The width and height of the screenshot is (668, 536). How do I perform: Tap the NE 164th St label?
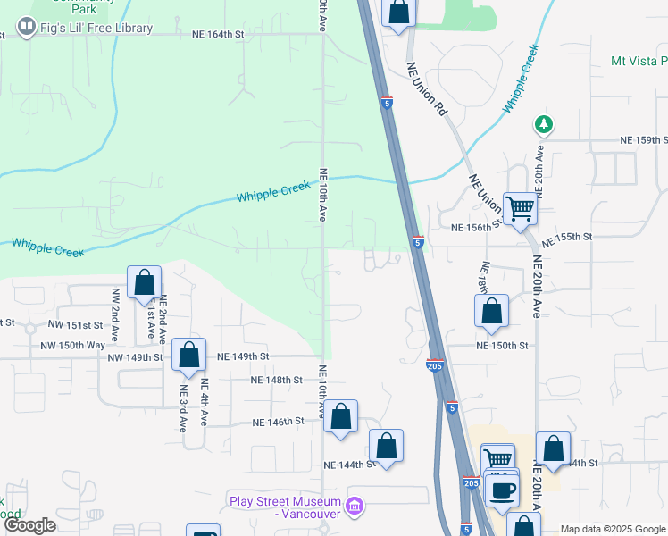pos(218,35)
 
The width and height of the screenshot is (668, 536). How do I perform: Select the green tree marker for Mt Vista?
pos(541,123)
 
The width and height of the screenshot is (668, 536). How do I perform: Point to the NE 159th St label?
pos(645,141)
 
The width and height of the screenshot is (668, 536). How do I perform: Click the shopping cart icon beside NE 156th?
pos(519,209)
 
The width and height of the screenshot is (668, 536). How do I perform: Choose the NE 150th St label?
pos(502,345)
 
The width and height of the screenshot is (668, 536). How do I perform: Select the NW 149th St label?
pos(135,357)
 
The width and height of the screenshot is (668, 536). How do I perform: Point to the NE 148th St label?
pos(277,380)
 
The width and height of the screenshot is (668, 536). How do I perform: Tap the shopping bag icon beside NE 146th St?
pos(340,416)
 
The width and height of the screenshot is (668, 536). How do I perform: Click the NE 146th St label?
pos(279,422)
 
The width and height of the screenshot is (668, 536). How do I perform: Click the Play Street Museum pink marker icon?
pos(355,507)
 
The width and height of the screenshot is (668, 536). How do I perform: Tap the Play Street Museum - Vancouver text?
pos(285,507)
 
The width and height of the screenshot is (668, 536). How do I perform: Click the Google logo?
pos(29,525)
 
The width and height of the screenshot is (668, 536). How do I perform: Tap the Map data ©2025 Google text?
pos(613,529)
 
